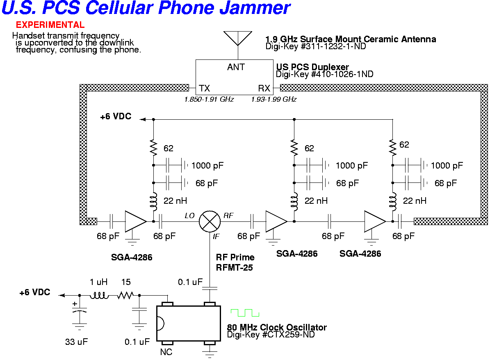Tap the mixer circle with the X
tap(210, 222)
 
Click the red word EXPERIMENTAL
tap(50, 25)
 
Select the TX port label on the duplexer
tap(204, 88)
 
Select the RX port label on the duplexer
tap(264, 88)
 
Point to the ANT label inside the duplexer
tap(236, 67)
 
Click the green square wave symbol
tap(245, 312)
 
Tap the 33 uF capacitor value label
tap(77, 342)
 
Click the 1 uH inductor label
tap(98, 283)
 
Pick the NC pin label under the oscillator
tap(166, 352)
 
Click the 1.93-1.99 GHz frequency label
tap(273, 100)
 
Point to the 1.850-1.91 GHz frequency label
tap(209, 100)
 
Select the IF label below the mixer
tap(216, 237)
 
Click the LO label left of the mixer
tap(189, 216)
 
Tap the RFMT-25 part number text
tap(235, 268)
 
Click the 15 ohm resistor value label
tap(126, 283)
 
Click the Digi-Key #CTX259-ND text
tap(271, 335)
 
